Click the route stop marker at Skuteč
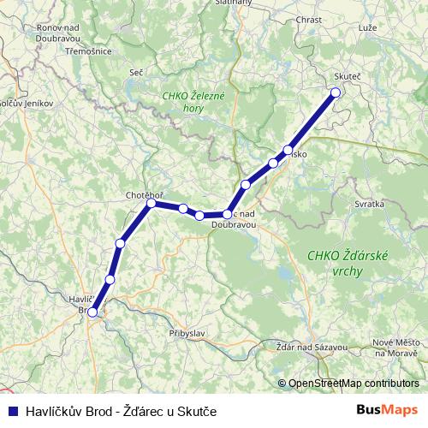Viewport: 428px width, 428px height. pyautogui.click(x=336, y=92)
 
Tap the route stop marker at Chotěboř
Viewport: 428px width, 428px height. pyautogui.click(x=151, y=203)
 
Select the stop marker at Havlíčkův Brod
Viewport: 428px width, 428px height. pyautogui.click(x=92, y=312)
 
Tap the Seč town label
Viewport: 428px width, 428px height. pyautogui.click(x=135, y=72)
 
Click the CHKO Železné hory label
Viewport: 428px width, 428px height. pyautogui.click(x=193, y=103)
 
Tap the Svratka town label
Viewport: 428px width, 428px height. pyautogui.click(x=370, y=205)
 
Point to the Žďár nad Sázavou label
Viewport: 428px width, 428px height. pyautogui.click(x=312, y=347)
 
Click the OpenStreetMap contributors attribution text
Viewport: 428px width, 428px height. pyautogui.click(x=354, y=383)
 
